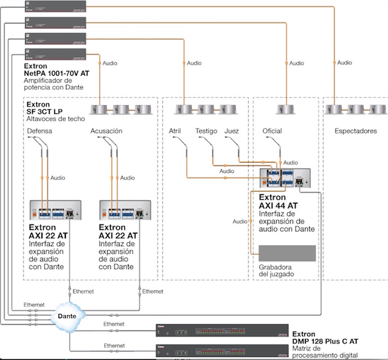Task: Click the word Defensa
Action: [39, 131]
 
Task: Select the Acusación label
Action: [107, 131]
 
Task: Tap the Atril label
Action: [175, 131]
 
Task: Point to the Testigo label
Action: [206, 131]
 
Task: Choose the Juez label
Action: [232, 131]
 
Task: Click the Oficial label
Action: [272, 131]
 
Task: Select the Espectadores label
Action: [355, 131]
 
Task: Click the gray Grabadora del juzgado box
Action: [286, 254]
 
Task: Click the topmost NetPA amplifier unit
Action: [55, 6]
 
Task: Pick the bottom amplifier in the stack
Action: [55, 54]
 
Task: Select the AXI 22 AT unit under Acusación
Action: [126, 211]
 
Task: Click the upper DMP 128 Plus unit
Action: [221, 330]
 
